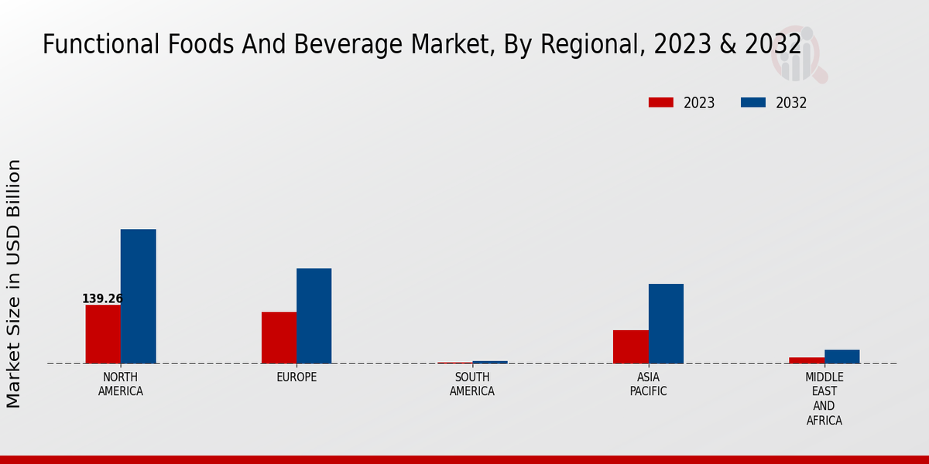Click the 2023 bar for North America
pos(103,334)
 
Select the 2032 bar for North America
pos(138,296)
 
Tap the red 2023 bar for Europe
pos(279,337)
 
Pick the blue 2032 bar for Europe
pos(314,316)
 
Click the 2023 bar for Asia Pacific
pos(630,346)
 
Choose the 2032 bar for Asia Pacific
pos(666,323)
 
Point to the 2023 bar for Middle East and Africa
pos(806,360)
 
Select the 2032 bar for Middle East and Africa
pos(842,357)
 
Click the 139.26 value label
pos(102,299)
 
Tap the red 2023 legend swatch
pos(660,103)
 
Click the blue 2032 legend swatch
pos(752,103)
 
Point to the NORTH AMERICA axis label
pos(121,384)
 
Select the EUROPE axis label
pos(297,377)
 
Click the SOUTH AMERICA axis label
pos(472,384)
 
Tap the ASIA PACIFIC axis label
pos(648,384)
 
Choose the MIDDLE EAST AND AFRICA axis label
pos(824,399)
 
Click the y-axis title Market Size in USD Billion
pos(14,283)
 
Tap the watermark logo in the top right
pos(798,54)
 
